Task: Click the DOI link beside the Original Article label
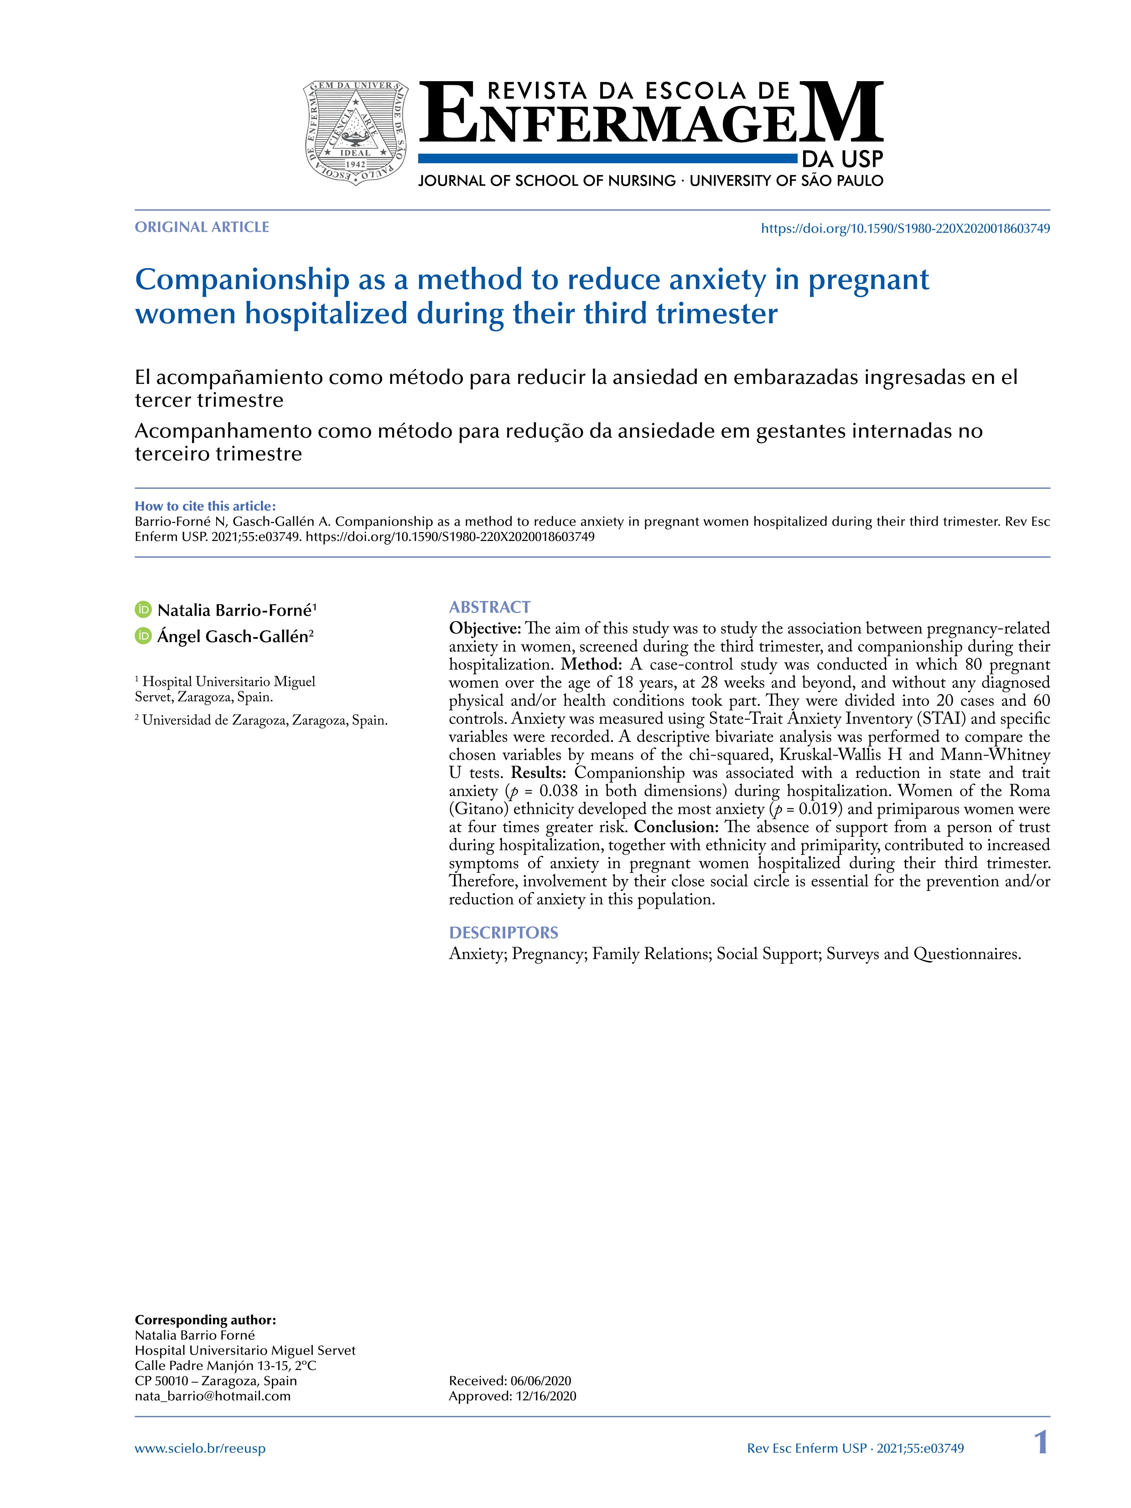[x=905, y=229]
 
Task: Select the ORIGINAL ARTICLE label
[x=202, y=228]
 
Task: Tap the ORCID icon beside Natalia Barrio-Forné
[x=143, y=610]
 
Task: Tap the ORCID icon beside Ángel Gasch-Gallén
[x=143, y=636]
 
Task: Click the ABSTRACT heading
[x=489, y=607]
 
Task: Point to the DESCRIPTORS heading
[x=503, y=933]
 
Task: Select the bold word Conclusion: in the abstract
[x=675, y=827]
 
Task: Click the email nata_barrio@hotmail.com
[x=213, y=1395]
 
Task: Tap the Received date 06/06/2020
[x=540, y=1380]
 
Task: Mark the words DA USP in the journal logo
[x=842, y=160]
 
